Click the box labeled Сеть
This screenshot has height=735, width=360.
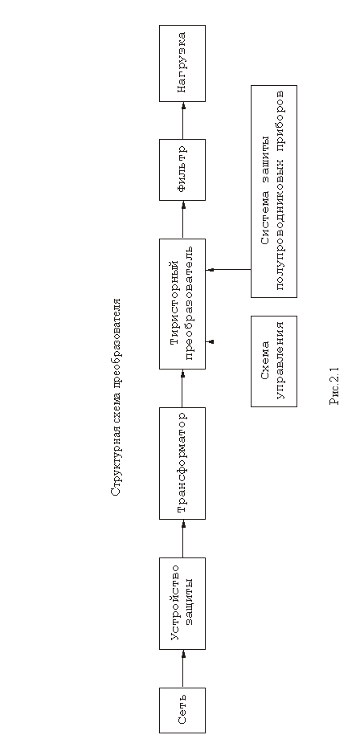point(182,710)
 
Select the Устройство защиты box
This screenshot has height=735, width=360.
point(182,603)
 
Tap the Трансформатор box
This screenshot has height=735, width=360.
point(182,463)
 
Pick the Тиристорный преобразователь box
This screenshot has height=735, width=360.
point(182,304)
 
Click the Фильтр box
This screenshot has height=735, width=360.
point(182,169)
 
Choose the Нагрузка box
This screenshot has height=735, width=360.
point(182,63)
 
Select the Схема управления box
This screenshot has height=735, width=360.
point(274,361)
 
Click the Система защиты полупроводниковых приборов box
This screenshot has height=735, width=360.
point(274,191)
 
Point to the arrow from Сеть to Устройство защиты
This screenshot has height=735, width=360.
point(183,668)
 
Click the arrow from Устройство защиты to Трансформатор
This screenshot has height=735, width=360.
point(183,538)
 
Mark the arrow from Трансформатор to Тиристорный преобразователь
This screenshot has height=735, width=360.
point(183,388)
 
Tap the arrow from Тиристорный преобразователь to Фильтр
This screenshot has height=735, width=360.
point(183,219)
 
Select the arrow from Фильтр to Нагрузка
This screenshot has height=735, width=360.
point(183,120)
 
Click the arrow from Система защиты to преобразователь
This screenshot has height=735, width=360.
point(228,270)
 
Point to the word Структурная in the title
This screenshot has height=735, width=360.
point(116,463)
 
